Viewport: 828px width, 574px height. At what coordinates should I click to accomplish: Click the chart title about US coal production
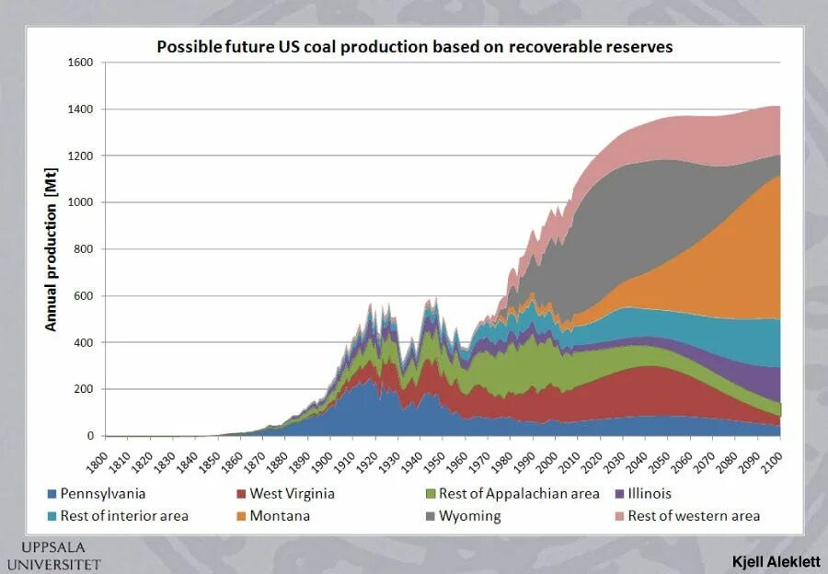[414, 46]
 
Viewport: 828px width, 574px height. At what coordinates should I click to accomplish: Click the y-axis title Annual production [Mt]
[52, 248]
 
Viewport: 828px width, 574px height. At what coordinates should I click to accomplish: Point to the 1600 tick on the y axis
[82, 63]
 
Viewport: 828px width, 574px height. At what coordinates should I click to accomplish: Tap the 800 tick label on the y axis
[85, 249]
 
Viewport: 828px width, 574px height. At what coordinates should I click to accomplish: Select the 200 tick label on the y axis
[85, 389]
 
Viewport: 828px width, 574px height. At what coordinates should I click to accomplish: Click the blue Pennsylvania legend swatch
[52, 494]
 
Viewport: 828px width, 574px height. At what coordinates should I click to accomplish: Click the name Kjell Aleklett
[776, 560]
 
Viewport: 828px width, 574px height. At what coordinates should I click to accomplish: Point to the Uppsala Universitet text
[53, 555]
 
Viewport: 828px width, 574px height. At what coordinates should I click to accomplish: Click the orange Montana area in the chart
[718, 267]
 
